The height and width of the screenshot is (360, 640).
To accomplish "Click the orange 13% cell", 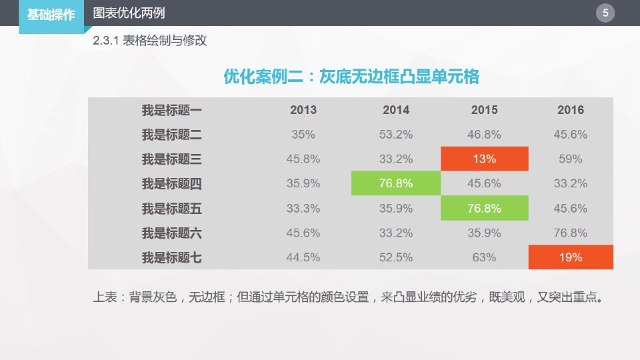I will pos(485,159).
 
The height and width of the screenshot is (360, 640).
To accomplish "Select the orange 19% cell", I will pos(571,257).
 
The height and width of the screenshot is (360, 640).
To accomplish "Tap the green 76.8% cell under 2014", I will pos(396,183).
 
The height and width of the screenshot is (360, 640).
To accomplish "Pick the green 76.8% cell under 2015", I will pos(485,208).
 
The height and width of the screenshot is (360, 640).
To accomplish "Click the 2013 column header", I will pos(303,110).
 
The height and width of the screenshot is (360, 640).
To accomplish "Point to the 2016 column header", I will pos(571,110).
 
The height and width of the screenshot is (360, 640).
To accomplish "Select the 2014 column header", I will pos(396,110).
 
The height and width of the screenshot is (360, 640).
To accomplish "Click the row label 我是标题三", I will pos(171,159).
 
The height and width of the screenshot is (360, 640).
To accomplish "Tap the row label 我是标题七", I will pos(171,257).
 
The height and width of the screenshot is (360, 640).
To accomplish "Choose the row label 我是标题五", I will pos(171,209).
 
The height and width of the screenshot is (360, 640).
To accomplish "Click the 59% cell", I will pos(571,159).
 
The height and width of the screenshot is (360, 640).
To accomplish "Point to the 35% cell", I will pos(303,135).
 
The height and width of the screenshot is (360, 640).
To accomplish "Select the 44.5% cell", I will pos(303,257).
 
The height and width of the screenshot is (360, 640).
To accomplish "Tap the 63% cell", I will pos(485,257).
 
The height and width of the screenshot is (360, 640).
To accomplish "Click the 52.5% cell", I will pos(396,257).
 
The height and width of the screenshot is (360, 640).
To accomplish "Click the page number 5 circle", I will pos(605,13).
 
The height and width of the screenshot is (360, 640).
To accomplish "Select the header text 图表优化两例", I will pos(129,13).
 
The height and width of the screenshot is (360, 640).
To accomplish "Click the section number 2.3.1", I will pos(106,41).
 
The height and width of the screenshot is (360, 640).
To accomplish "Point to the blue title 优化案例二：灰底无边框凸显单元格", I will pos(351,77).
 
